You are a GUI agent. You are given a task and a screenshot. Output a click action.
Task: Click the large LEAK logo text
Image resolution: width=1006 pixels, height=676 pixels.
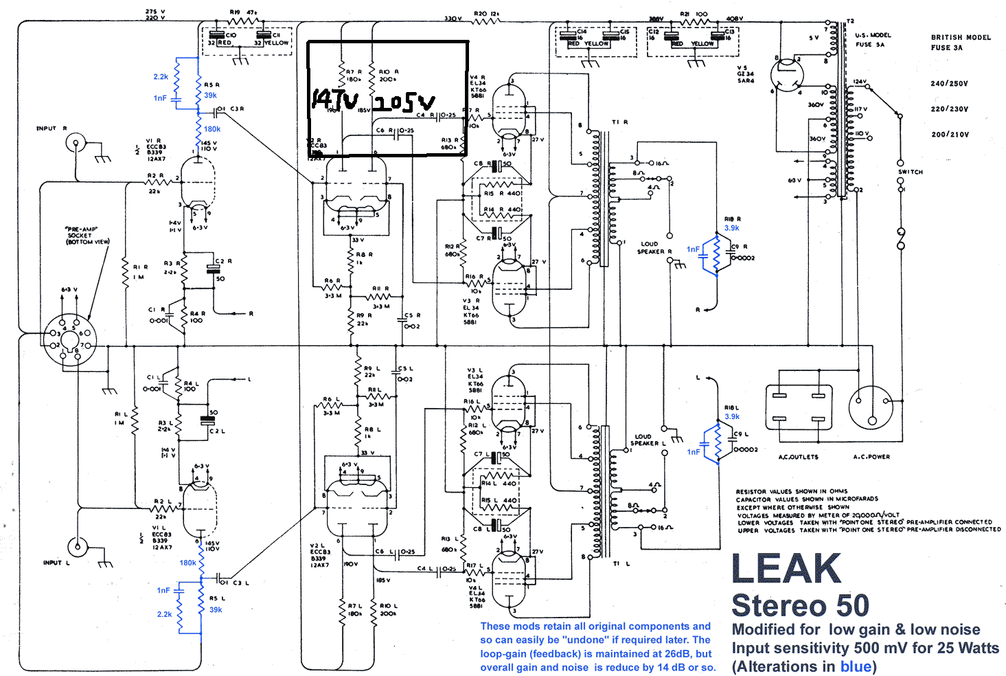[786, 569]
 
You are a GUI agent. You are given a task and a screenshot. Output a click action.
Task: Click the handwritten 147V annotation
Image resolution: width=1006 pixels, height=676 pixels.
[335, 100]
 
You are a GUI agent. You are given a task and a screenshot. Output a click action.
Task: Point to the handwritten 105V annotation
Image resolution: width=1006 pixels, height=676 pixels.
[404, 102]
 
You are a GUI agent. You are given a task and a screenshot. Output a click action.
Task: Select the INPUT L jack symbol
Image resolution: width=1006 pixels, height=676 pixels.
[78, 548]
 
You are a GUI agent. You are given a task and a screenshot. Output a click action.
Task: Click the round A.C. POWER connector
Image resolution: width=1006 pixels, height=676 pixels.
[871, 407]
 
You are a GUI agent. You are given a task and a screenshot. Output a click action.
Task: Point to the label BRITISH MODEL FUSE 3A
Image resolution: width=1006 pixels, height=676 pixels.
[960, 43]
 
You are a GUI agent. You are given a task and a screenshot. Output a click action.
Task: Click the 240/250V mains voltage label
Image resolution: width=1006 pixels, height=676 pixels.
[949, 84]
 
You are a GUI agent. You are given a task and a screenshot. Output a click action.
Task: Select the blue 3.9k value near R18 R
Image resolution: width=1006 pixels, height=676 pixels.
[732, 228]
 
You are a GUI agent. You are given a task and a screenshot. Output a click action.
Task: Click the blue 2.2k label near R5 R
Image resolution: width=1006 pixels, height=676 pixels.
[161, 77]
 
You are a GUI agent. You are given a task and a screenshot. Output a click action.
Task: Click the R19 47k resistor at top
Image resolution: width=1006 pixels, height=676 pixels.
[243, 21]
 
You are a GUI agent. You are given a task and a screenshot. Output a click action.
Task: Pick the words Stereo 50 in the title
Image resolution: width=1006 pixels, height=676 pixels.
[800, 606]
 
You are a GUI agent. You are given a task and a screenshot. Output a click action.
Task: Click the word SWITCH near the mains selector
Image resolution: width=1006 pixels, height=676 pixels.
[911, 172]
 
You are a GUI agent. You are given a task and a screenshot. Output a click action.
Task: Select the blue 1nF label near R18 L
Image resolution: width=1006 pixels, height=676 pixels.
[694, 452]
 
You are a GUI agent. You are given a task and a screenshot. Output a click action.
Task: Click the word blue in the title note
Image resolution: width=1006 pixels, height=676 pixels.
[856, 666]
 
